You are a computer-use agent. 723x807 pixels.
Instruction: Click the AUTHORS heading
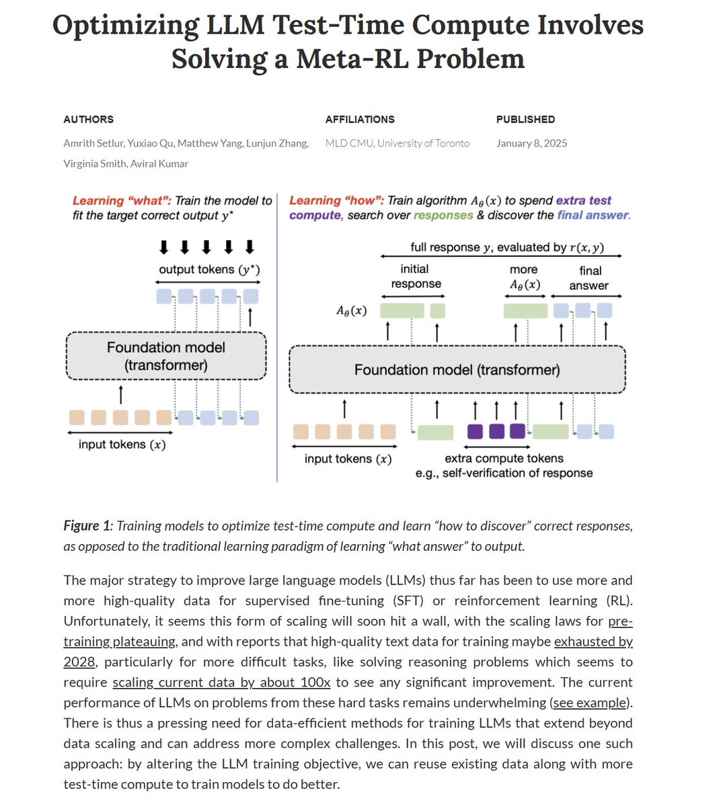[88, 119]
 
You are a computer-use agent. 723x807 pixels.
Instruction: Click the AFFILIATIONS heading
[360, 119]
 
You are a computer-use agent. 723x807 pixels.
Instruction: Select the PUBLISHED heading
[525, 119]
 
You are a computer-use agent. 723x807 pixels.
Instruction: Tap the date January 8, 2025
[531, 143]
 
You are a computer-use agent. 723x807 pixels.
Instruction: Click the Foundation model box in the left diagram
[166, 356]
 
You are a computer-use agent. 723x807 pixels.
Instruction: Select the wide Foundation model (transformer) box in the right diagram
[457, 370]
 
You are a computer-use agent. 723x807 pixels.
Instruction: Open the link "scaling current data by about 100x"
[221, 683]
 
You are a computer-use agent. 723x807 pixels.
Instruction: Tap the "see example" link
[590, 703]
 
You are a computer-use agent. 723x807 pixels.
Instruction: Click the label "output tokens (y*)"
[209, 270]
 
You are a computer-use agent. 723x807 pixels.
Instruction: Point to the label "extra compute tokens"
[504, 458]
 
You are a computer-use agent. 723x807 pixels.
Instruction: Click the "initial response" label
[416, 276]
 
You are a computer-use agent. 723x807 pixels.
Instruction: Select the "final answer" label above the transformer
[589, 278]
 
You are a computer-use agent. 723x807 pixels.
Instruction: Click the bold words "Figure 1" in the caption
[86, 526]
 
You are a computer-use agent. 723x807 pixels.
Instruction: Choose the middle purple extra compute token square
[496, 431]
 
